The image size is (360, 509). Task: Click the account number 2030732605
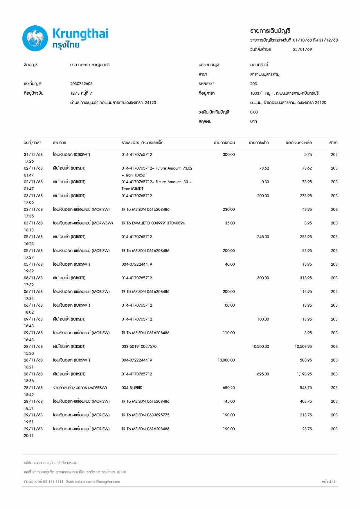pos(81,84)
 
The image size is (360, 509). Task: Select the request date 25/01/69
pos(302,49)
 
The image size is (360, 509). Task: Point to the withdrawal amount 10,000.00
pos(226,360)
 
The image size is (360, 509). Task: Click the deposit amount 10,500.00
pos(260,346)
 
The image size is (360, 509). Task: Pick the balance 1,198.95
pos(304,374)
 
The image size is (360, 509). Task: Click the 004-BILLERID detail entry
pos(132,388)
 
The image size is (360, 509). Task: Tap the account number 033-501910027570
pos(139,346)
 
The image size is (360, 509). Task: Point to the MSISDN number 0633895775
pos(158,415)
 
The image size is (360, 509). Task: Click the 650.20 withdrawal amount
pos(228,388)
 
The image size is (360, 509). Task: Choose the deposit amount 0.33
pos(265,182)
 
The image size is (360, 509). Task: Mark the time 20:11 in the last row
pos(29,436)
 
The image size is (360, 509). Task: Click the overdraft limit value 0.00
pos(254,112)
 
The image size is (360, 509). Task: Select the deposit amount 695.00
pos(263,374)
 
